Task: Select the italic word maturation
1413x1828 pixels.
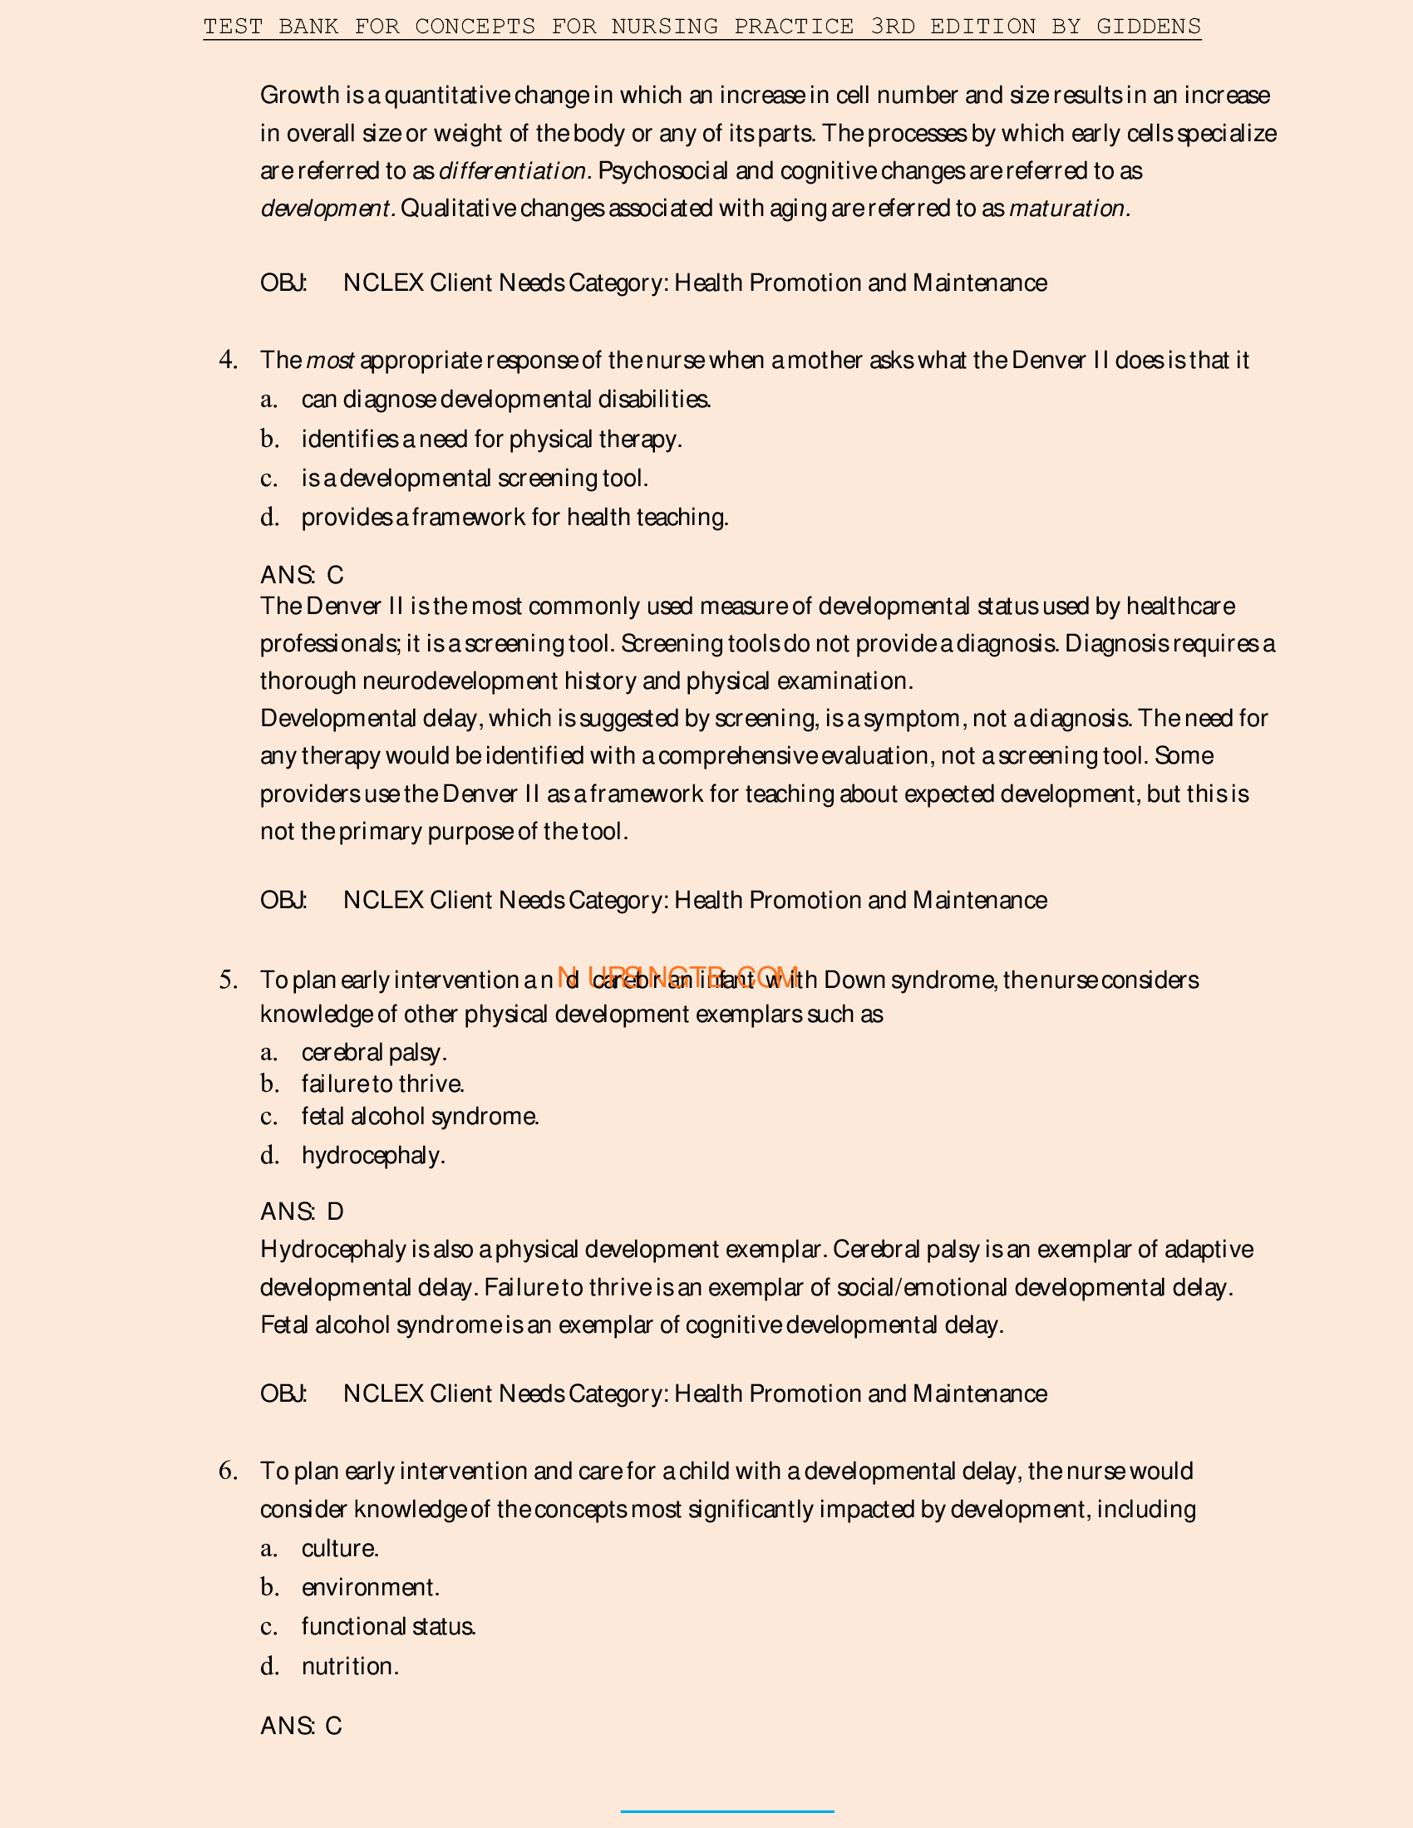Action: coord(1069,209)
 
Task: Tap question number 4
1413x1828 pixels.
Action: coord(228,360)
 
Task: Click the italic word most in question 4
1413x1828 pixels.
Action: coord(330,361)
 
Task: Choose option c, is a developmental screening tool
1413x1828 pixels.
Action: coord(474,479)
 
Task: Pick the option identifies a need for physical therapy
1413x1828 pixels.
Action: coord(491,440)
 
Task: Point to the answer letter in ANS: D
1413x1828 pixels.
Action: coord(335,1212)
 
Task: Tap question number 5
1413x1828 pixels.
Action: coord(228,980)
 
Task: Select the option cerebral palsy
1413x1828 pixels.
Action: coord(374,1053)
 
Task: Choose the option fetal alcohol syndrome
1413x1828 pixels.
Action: coord(421,1117)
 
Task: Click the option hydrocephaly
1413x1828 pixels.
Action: coord(373,1156)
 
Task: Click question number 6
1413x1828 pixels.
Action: coord(228,1472)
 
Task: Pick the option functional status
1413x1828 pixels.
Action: coord(388,1627)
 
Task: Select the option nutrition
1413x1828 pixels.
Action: coord(350,1667)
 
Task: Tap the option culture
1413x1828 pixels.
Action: coord(340,1549)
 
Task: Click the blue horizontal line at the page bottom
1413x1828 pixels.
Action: coord(726,1812)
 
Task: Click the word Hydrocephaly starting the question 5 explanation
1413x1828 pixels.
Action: coord(333,1250)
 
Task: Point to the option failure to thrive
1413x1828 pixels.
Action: coord(382,1084)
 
